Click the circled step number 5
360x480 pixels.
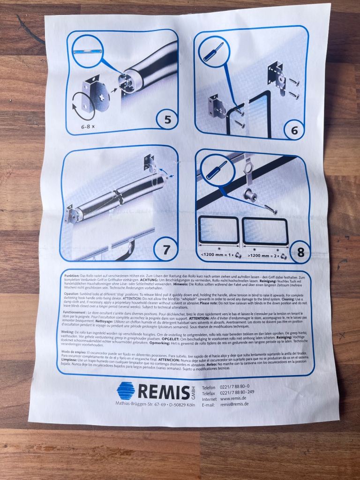(x=167, y=120)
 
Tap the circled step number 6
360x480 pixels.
(x=294, y=130)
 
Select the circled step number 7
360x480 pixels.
(x=166, y=250)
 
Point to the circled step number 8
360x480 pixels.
(x=300, y=252)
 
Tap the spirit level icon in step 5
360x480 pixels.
(x=89, y=51)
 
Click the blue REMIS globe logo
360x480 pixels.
(x=126, y=390)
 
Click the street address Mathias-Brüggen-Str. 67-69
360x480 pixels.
(x=141, y=404)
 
